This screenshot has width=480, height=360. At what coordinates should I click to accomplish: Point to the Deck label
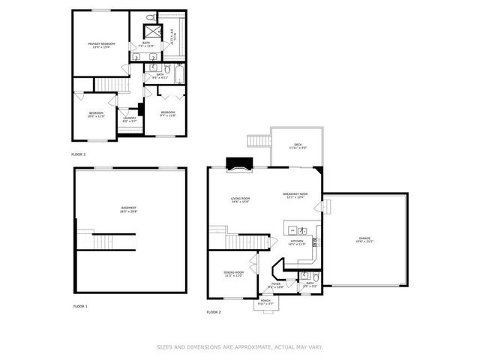pos(298,147)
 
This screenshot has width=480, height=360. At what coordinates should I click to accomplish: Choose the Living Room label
pos(240,199)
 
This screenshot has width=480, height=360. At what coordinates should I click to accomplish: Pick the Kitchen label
pos(297,241)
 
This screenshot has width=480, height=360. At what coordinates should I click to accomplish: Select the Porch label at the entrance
pos(265,302)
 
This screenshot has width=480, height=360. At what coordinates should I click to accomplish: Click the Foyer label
pos(275,284)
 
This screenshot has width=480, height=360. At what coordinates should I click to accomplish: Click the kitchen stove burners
pos(315,241)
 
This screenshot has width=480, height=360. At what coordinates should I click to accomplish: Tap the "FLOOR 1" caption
pos(79,306)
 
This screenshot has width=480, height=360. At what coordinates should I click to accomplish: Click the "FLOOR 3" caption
pos(78,154)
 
